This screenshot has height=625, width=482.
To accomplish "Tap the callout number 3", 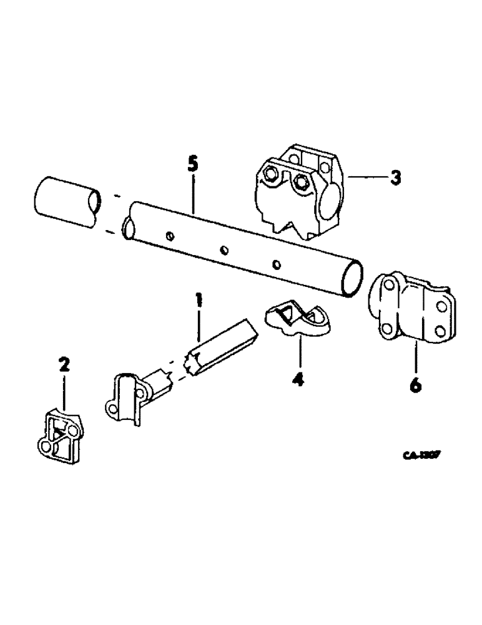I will click(395, 178).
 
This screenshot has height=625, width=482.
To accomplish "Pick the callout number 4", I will click(299, 379).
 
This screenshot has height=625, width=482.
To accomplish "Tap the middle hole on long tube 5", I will click(224, 251).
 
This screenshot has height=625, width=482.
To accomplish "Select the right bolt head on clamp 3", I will click(302, 182).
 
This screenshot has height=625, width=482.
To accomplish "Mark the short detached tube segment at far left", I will click(65, 201).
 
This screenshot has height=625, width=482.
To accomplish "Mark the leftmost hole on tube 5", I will click(170, 236).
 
